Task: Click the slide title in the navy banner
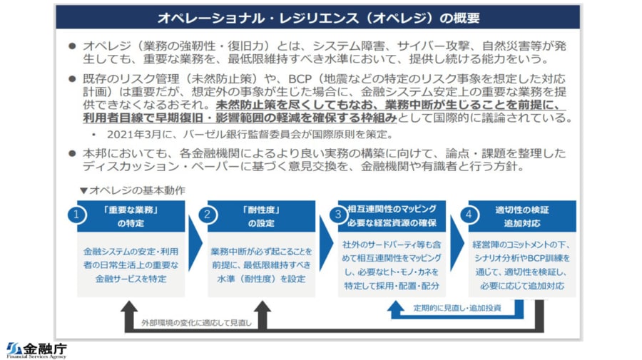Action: [318, 17]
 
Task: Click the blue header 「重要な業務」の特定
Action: [130, 216]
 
